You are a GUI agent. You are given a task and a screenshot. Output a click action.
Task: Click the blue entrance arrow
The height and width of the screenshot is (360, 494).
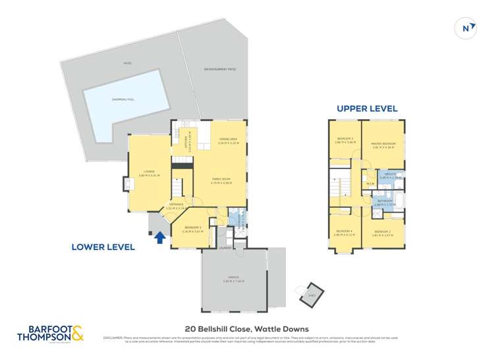click(159, 238)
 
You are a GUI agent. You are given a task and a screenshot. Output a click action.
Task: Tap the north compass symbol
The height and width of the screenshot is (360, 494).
click(466, 27)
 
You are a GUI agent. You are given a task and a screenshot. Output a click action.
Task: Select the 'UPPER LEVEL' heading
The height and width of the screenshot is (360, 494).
click(367, 109)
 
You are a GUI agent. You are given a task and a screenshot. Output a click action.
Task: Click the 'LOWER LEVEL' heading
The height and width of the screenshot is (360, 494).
click(103, 247)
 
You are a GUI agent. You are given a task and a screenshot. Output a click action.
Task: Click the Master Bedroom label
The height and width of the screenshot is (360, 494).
click(383, 145)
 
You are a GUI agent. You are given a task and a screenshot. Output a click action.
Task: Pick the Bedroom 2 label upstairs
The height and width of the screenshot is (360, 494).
click(383, 232)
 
